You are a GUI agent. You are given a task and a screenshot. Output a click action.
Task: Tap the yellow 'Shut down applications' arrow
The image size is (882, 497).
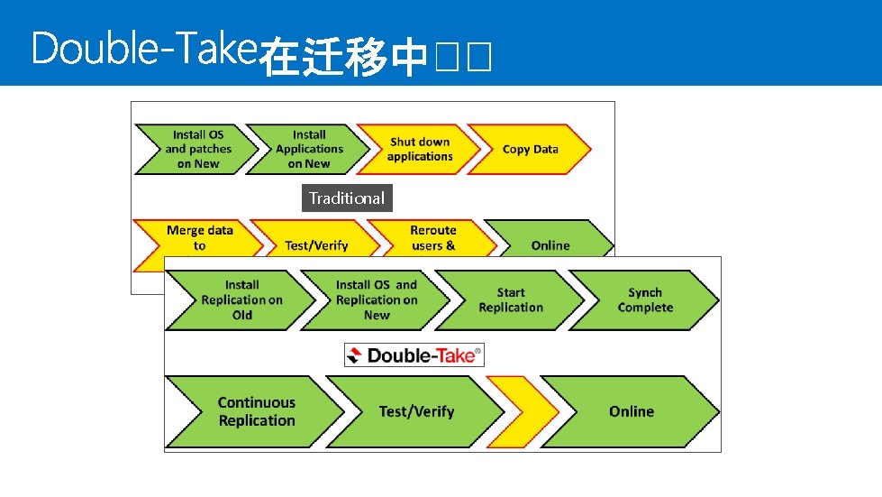tap(419, 149)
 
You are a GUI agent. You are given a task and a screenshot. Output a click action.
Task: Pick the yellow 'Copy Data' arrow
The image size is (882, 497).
tap(530, 149)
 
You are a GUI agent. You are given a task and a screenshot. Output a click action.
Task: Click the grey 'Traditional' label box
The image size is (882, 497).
tap(347, 198)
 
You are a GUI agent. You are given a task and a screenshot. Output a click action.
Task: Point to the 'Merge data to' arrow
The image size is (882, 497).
tap(198, 238)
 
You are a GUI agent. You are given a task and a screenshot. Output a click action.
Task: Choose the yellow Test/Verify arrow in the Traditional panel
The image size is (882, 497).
tap(315, 244)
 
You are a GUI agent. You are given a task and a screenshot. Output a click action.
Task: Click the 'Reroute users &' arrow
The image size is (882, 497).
tap(432, 239)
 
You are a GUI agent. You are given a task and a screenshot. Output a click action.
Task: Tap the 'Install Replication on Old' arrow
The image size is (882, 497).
tap(241, 299)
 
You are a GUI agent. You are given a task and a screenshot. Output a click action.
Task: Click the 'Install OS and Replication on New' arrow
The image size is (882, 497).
tap(377, 299)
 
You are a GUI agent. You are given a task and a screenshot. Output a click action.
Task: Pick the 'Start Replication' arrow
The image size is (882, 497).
tap(511, 299)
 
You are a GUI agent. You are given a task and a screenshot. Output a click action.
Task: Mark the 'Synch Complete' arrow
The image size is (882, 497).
tap(645, 299)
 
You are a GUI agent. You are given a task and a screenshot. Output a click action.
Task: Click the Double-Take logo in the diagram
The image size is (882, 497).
tap(414, 355)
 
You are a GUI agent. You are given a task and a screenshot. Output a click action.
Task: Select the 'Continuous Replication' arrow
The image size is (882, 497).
tap(256, 411)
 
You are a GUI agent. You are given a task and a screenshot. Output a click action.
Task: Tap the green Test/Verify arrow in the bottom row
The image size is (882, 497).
tap(416, 411)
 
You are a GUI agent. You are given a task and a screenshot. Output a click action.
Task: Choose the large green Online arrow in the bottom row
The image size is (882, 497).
tap(631, 411)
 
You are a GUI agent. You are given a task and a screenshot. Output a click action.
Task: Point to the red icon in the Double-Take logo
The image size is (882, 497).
tap(357, 355)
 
